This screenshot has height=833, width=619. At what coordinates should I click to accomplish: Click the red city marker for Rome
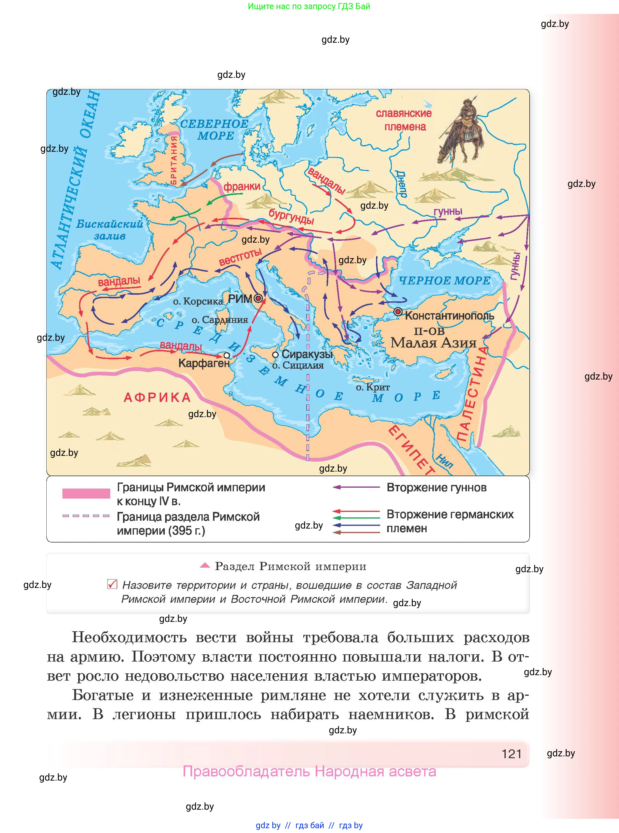pyautogui.click(x=258, y=298)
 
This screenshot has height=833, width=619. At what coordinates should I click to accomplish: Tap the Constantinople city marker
pyautogui.click(x=398, y=312)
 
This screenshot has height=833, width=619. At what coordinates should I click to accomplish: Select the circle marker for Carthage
pyautogui.click(x=226, y=355)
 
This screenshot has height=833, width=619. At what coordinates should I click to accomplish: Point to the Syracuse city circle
pyautogui.click(x=275, y=354)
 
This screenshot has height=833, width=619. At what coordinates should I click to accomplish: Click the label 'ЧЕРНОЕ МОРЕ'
pyautogui.click(x=444, y=280)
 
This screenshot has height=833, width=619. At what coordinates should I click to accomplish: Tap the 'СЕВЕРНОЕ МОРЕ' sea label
pyautogui.click(x=214, y=130)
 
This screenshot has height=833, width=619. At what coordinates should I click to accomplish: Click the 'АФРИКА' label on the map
pyautogui.click(x=157, y=397)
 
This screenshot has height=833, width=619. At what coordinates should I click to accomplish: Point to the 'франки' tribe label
pyautogui.click(x=242, y=186)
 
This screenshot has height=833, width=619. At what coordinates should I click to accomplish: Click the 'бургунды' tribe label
pyautogui.click(x=291, y=216)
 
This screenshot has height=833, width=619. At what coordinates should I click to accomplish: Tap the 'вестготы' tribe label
pyautogui.click(x=240, y=257)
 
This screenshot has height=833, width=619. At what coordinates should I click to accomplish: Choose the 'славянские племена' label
pyautogui.click(x=404, y=120)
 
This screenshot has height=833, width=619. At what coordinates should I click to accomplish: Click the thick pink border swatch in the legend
pyautogui.click(x=86, y=493)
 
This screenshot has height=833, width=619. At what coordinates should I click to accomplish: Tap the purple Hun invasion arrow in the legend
pyautogui.click(x=356, y=487)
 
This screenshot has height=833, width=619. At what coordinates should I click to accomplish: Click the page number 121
pyautogui.click(x=511, y=754)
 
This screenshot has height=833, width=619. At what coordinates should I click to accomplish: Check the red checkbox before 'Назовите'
pyautogui.click(x=112, y=584)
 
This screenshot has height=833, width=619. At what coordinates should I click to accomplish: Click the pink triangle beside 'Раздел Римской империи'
pyautogui.click(x=205, y=565)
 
